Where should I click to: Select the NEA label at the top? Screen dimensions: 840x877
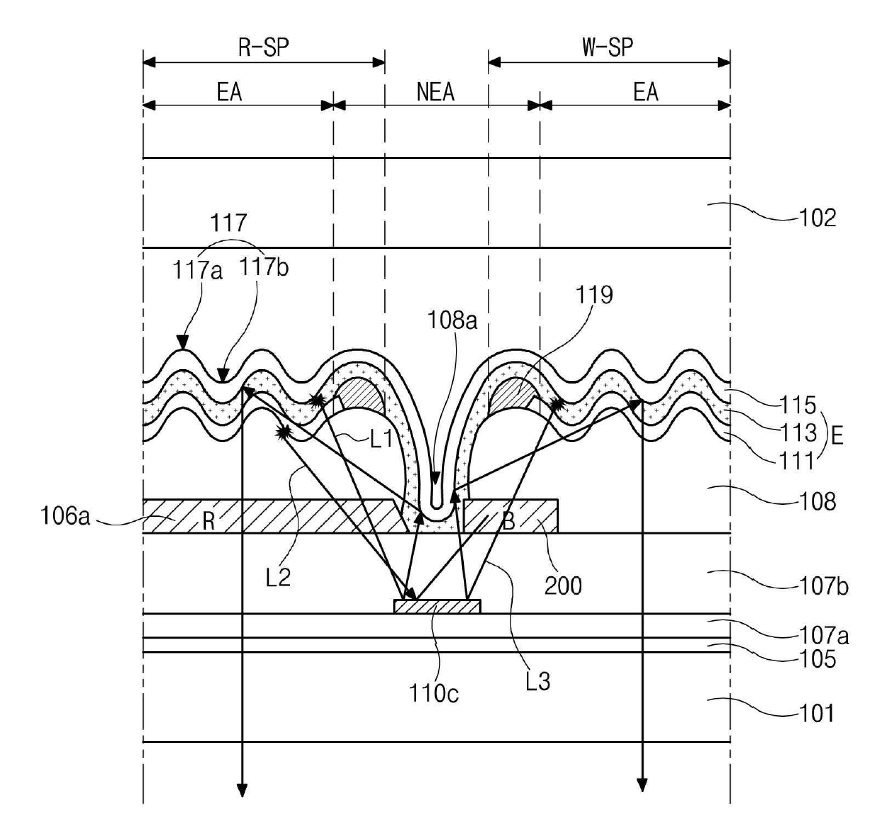[x=435, y=92]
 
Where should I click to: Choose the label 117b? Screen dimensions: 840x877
[x=263, y=267]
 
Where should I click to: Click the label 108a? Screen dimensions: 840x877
[x=452, y=320]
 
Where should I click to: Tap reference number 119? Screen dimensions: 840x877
[x=593, y=295]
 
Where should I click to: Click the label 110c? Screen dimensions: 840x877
[x=434, y=694]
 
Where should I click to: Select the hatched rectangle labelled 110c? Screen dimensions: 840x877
[x=437, y=607]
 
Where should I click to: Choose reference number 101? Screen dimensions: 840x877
[x=817, y=713]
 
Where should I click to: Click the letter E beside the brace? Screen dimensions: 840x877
[x=837, y=435]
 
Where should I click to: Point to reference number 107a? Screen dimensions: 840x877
[x=823, y=636]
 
